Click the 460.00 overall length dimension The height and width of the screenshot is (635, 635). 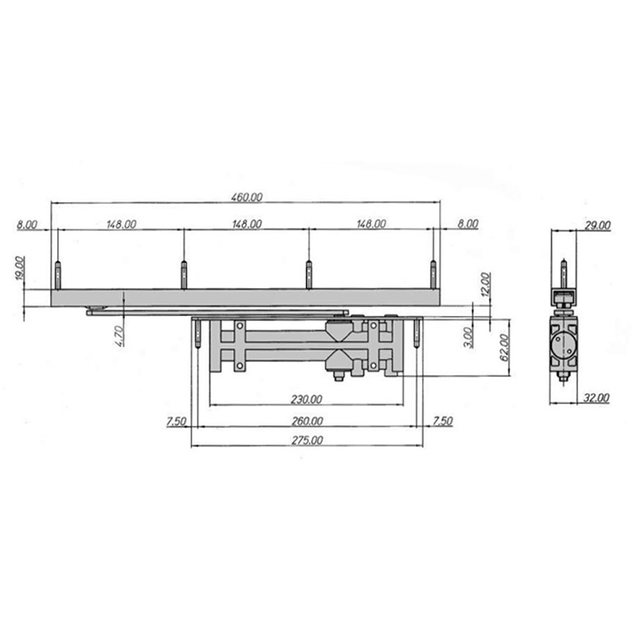coord(247,197)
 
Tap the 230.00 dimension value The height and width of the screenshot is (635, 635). coord(306,400)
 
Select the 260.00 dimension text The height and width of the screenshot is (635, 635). coord(307,421)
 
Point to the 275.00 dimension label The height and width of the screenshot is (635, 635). coord(307,441)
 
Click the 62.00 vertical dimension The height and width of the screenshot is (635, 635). coord(504,348)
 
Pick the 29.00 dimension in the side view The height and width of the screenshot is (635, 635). coord(598,225)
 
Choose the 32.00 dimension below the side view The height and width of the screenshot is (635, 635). coord(596,398)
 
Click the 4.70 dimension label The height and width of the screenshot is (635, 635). coord(120,336)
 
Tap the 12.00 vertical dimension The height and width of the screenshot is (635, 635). coord(486,285)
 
